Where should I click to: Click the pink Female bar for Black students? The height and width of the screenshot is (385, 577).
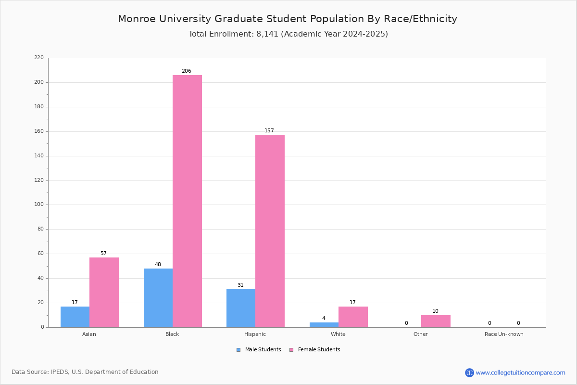click(187, 201)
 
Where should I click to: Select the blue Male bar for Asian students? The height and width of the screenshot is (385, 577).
click(75, 317)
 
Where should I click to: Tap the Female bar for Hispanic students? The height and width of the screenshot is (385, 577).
click(270, 231)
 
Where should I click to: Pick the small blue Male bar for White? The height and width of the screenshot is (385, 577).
click(324, 325)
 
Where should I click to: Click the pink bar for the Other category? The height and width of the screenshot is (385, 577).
click(436, 321)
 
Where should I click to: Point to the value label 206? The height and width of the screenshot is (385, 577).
click(187, 71)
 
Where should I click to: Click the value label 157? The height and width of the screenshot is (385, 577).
click(269, 130)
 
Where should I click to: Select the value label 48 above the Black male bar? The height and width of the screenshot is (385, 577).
click(158, 264)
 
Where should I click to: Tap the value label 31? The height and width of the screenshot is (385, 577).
click(240, 285)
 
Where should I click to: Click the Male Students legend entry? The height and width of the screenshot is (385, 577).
click(259, 350)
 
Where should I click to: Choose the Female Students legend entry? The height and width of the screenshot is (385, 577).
click(315, 350)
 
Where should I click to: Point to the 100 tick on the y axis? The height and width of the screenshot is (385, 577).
click(39, 205)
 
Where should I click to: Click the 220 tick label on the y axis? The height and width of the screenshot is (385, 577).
click(39, 57)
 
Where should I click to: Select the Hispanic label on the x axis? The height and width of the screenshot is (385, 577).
click(255, 334)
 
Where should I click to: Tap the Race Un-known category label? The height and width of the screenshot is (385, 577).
click(504, 334)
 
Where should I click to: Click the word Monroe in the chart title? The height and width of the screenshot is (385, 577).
click(137, 19)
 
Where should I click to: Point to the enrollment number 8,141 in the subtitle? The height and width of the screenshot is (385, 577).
click(267, 34)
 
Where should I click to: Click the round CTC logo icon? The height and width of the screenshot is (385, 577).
click(469, 372)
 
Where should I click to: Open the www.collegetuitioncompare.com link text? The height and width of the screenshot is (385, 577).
click(521, 373)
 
